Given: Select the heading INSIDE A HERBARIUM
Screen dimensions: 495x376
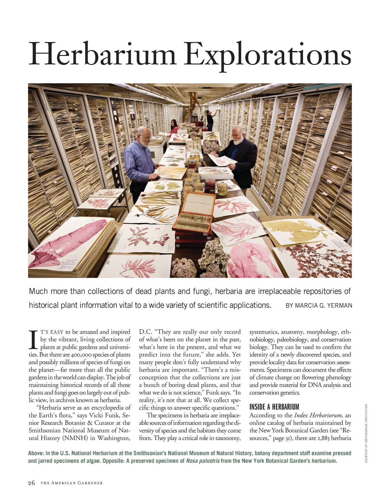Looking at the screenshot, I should [x=274, y=407].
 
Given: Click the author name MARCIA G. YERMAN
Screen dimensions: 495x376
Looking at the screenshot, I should [x=319, y=305].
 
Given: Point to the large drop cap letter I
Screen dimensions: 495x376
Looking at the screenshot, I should [x=33, y=339].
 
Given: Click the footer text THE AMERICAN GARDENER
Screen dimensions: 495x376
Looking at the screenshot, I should [x=71, y=483].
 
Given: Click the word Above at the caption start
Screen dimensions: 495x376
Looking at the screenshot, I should [x=35, y=453].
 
